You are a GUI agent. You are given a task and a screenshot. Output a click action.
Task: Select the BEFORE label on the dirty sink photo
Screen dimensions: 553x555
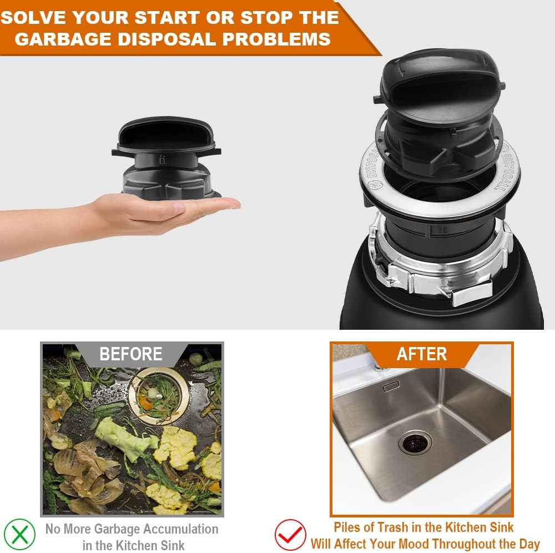point(131,354)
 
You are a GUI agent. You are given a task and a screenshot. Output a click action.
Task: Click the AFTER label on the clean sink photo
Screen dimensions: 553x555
point(421,354)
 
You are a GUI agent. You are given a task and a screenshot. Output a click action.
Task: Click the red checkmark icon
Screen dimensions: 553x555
point(290,535)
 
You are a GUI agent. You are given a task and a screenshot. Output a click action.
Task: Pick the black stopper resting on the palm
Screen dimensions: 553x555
point(167,158)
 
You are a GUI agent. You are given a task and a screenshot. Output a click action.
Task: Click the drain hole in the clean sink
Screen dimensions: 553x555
point(414,443)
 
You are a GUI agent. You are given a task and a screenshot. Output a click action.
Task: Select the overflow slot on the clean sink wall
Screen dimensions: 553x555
point(391,386)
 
